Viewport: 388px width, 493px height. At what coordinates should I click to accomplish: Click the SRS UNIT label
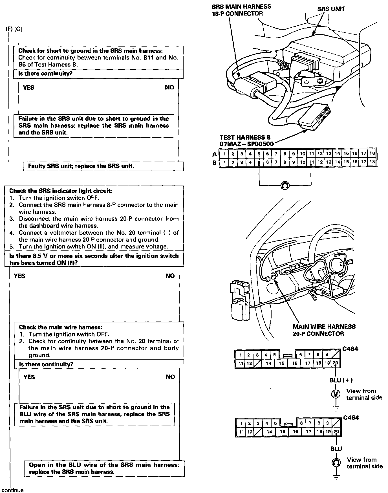pyautogui.click(x=331, y=9)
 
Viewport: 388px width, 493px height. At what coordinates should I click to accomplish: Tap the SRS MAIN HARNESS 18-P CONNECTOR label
pyautogui.click(x=241, y=10)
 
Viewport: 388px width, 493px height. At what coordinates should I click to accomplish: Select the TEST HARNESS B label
pyautogui.click(x=244, y=137)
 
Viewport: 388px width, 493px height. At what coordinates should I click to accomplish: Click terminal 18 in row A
pyautogui.click(x=372, y=153)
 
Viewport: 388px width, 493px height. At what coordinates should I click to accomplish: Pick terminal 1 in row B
pyautogui.click(x=224, y=162)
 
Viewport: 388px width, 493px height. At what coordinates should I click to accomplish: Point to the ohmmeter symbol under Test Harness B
pyautogui.click(x=285, y=186)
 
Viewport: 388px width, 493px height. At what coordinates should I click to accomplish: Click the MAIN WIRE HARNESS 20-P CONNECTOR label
pyautogui.click(x=324, y=330)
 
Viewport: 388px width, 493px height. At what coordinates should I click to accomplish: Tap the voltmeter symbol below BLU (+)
pyautogui.click(x=336, y=394)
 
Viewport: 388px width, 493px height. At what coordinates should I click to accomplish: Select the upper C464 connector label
pyautogui.click(x=350, y=349)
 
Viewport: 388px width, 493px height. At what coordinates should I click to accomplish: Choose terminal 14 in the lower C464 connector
pyautogui.click(x=270, y=432)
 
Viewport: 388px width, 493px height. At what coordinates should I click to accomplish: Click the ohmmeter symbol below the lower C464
pyautogui.click(x=336, y=463)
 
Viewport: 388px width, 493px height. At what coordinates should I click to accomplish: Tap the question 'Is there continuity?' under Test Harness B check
pyautogui.click(x=44, y=74)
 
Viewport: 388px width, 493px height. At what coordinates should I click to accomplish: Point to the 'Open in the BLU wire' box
pyautogui.click(x=104, y=468)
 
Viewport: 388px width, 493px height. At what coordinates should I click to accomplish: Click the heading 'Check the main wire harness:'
pyautogui.click(x=60, y=327)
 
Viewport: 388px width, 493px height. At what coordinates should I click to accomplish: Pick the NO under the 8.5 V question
pyautogui.click(x=170, y=276)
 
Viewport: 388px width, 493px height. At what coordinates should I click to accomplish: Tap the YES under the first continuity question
pyautogui.click(x=28, y=87)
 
